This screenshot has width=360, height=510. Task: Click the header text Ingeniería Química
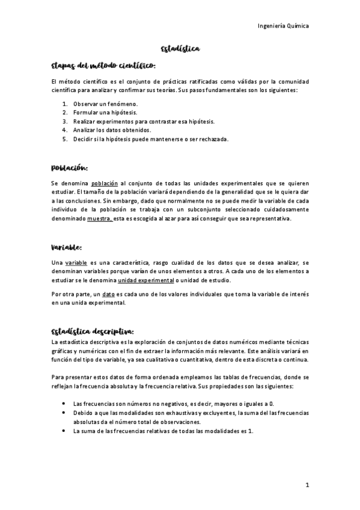click(x=282, y=26)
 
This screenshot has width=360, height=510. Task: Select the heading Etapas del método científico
click(x=104, y=64)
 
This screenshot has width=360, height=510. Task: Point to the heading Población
click(x=70, y=167)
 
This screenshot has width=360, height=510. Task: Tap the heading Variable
click(x=67, y=247)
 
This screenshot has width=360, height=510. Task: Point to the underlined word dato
click(x=109, y=295)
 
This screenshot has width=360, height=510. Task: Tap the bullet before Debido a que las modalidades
click(x=64, y=413)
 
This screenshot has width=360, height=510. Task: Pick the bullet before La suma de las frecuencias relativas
click(x=64, y=431)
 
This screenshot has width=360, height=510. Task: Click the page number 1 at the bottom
click(x=307, y=485)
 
